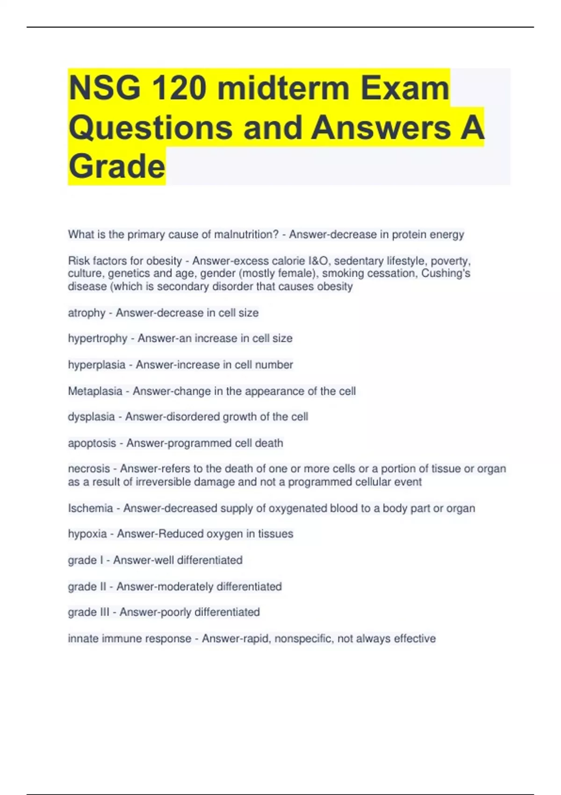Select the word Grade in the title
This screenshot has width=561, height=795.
tap(117, 166)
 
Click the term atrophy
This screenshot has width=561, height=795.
tap(86, 313)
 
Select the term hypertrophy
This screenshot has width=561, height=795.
tap(97, 339)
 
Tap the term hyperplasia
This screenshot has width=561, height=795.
tap(96, 365)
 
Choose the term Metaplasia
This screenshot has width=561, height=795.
tap(95, 391)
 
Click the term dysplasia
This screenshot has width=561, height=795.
tap(91, 417)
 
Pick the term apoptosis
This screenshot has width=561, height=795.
tap(92, 443)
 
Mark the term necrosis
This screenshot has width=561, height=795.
tap(89, 469)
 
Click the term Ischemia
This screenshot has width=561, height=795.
tap(90, 508)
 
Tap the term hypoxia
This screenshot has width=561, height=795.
tap(87, 534)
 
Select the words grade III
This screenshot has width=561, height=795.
tap(89, 612)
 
